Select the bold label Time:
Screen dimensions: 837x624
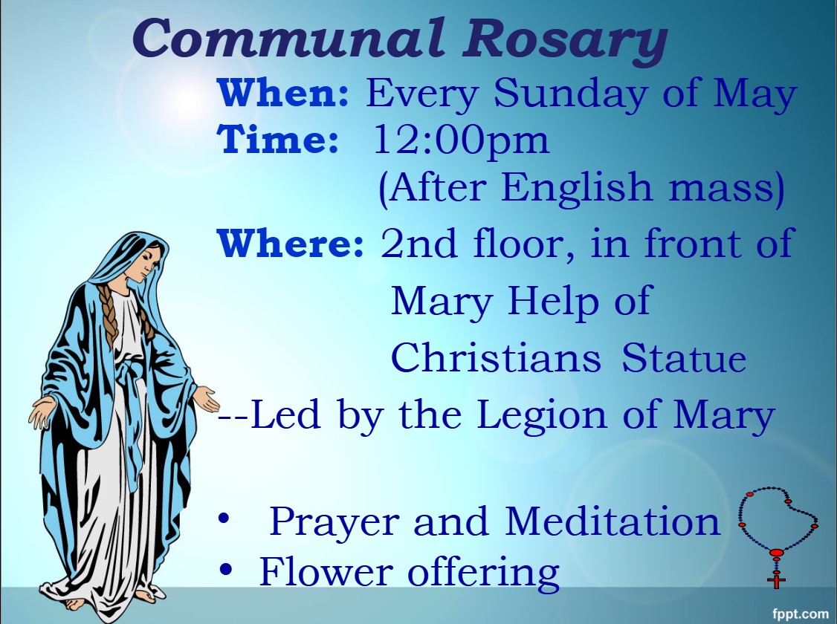click(278, 139)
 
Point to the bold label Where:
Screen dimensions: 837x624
click(291, 242)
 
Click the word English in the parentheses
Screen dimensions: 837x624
click(577, 188)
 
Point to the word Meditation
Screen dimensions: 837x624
click(613, 520)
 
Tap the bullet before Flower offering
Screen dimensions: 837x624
click(226, 570)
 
